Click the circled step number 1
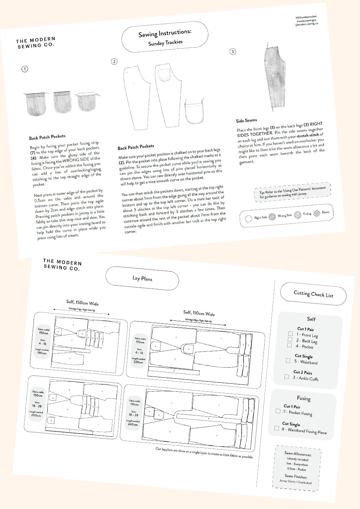pyautogui.click(x=25, y=69)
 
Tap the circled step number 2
pyautogui.click(x=114, y=62)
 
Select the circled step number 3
pyautogui.click(x=233, y=52)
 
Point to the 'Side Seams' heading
pyautogui.click(x=246, y=121)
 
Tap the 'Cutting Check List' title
pyautogui.click(x=313, y=294)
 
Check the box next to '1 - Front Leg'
pyautogui.click(x=290, y=334)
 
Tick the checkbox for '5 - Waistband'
pyautogui.click(x=288, y=360)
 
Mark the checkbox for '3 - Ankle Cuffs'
pyautogui.click(x=287, y=377)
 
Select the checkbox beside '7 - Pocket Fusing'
pyautogui.click(x=278, y=411)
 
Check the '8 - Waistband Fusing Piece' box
pyautogui.click(x=276, y=428)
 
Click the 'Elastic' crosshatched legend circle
pyautogui.click(x=317, y=213)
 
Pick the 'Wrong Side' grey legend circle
pyautogui.click(x=272, y=216)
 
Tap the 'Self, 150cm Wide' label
pyautogui.click(x=82, y=303)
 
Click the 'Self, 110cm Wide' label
pyautogui.click(x=199, y=313)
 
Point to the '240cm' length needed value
pyautogui.click(x=132, y=424)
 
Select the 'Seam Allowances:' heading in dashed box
pyautogui.click(x=298, y=454)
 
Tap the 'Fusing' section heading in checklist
pyautogui.click(x=303, y=398)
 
